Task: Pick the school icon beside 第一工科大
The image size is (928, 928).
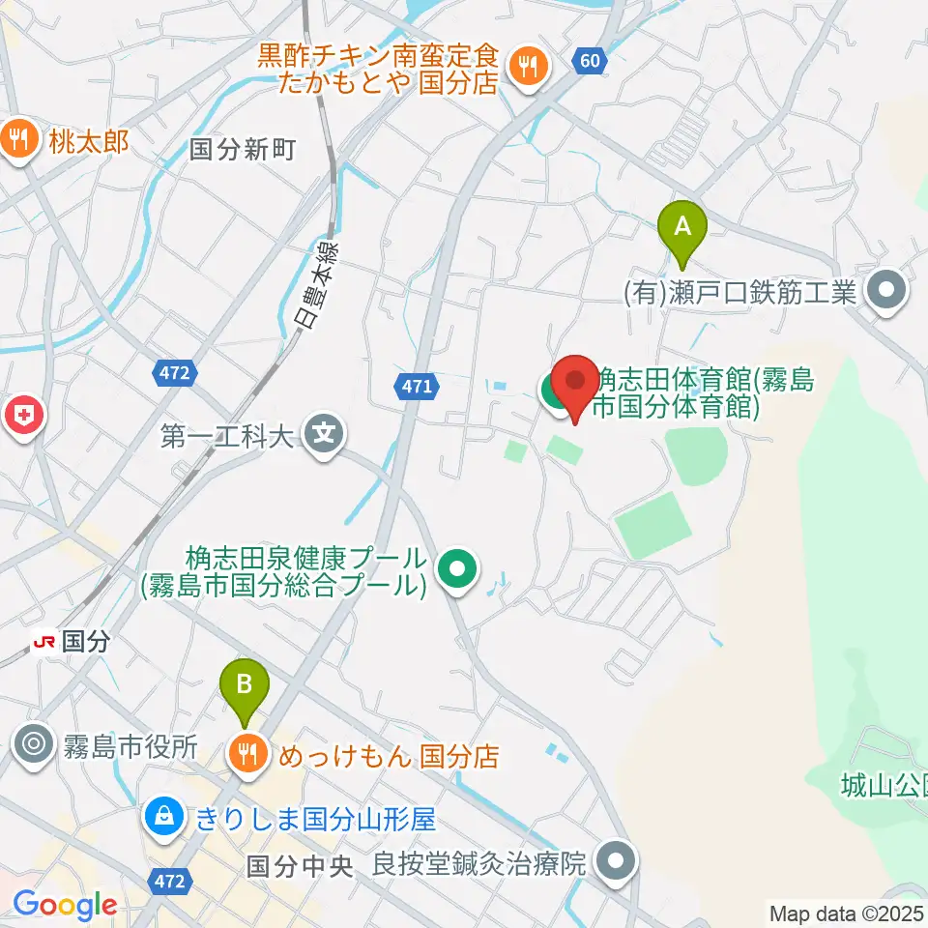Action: (x=323, y=434)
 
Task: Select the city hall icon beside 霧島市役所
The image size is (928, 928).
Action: (x=33, y=745)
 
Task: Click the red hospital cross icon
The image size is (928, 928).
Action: (x=20, y=418)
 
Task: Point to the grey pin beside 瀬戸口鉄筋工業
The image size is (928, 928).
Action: (x=886, y=291)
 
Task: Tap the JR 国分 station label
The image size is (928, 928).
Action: (x=72, y=641)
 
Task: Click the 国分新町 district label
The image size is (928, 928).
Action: (x=243, y=150)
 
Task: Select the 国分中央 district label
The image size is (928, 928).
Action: (x=300, y=864)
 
